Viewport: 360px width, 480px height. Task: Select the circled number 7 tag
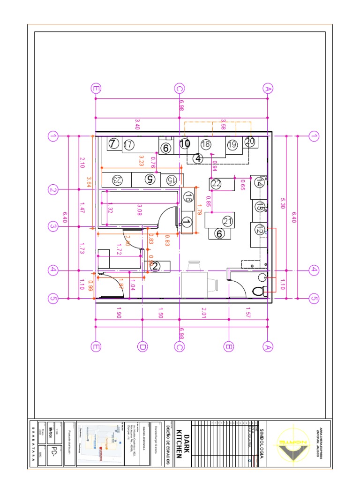point(113,144)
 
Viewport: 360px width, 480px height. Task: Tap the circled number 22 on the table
point(216,184)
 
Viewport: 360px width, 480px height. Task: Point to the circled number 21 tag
point(228,221)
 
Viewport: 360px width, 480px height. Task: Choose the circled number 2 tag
point(155,266)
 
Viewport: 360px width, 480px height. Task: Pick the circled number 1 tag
point(186,222)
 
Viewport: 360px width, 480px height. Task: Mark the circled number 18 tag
point(205,145)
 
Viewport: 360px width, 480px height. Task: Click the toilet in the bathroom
point(259,291)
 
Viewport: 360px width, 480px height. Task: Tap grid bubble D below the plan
point(142,347)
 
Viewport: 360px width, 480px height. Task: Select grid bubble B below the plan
point(229,347)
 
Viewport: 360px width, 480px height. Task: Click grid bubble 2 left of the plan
point(52,190)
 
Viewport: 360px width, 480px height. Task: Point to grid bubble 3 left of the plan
point(52,226)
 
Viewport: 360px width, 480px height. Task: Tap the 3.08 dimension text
point(139,206)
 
